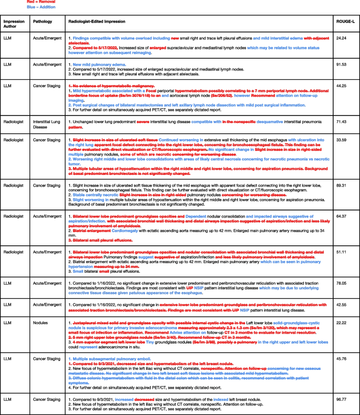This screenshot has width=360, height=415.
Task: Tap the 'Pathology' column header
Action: pyautogui.click(x=42, y=22)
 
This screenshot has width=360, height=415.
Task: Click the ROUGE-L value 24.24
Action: pyautogui.click(x=343, y=38)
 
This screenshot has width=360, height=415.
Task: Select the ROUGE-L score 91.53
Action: pyautogui.click(x=343, y=65)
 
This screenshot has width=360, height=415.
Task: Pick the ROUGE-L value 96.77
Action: pyautogui.click(x=343, y=400)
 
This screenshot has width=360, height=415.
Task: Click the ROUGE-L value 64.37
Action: pyautogui.click(x=343, y=216)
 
